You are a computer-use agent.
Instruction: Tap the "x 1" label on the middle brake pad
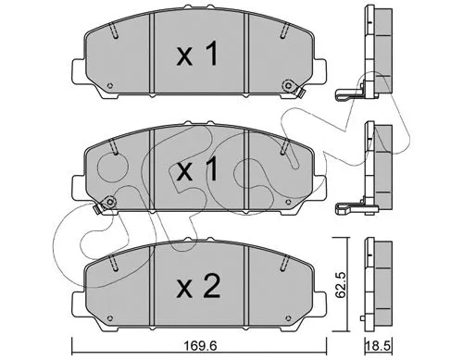[196, 170]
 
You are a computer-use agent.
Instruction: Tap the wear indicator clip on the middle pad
[109, 202]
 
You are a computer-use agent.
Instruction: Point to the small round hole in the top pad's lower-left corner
[111, 88]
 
